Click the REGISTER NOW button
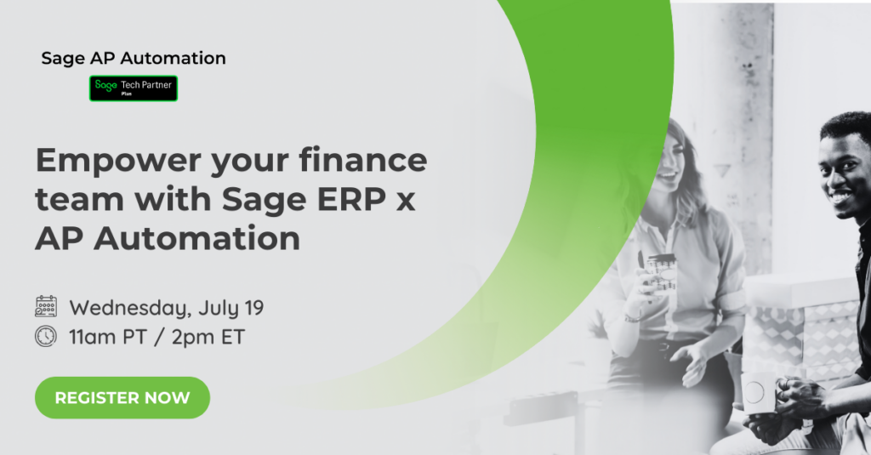click(122, 397)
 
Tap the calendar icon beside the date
click(46, 307)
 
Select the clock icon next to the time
click(46, 337)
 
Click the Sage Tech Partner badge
click(134, 88)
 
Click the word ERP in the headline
click(351, 200)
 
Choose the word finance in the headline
click(363, 160)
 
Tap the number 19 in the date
click(253, 307)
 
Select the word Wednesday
click(130, 309)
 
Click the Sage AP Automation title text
click(134, 59)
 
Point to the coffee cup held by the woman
click(662, 273)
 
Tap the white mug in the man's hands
click(760, 393)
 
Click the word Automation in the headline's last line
click(196, 239)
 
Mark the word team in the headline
click(79, 200)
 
